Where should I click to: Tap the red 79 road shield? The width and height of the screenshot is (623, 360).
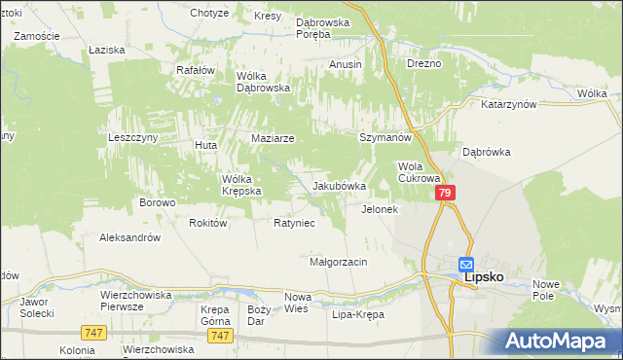[x=445, y=195]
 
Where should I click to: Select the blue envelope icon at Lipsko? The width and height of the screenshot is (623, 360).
[x=466, y=264]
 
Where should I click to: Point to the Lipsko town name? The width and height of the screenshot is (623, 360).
[x=484, y=276]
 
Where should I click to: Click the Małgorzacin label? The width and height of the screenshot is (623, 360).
[x=338, y=263]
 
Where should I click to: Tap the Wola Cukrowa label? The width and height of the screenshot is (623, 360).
[x=420, y=172]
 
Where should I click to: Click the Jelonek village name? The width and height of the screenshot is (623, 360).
[x=381, y=209]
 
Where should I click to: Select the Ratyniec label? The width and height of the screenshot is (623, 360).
[x=293, y=223]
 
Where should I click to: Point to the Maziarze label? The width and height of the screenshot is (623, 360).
[x=273, y=139]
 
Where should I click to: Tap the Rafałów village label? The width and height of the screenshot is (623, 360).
[x=194, y=70]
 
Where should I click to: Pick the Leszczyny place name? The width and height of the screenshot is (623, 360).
[x=132, y=138]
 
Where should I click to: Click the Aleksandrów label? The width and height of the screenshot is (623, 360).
[x=129, y=237]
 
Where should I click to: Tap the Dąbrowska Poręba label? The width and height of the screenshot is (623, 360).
[x=327, y=26]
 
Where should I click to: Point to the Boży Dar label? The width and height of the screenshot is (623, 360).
[x=258, y=315]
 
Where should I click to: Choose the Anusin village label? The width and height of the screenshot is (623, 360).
[x=346, y=64]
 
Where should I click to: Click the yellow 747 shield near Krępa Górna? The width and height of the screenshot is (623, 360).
[x=220, y=335]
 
